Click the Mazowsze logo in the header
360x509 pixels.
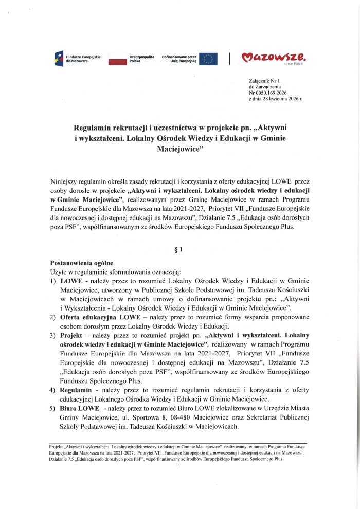coord(276,58)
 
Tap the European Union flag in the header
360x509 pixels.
coord(208,58)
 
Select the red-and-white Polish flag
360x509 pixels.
coord(117,58)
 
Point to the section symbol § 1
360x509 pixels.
coord(179,250)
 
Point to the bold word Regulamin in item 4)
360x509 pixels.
coord(80,389)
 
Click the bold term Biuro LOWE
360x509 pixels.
coord(80,407)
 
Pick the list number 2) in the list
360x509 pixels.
coord(53,317)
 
